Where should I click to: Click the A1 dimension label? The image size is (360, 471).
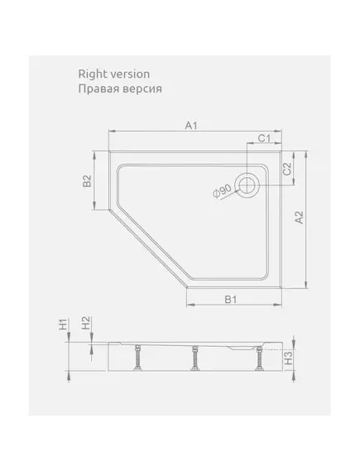click(191, 126)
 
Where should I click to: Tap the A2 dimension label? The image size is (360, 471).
click(300, 218)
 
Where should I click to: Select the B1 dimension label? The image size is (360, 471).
click(231, 299)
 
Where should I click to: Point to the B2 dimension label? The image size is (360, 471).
click(87, 180)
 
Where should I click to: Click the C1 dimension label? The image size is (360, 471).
click(265, 138)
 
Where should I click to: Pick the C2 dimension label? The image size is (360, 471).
click(287, 169)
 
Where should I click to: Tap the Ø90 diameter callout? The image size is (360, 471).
click(222, 191)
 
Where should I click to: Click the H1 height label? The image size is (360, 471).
click(64, 324)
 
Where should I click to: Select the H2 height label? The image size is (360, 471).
click(86, 323)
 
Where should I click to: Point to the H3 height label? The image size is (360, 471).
click(288, 358)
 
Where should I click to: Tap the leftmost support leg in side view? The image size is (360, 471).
click(138, 358)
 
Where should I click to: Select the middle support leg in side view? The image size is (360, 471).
click(195, 358)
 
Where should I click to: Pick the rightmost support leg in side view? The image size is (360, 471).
click(258, 358)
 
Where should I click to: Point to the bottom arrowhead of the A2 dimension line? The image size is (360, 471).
click(306, 285)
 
